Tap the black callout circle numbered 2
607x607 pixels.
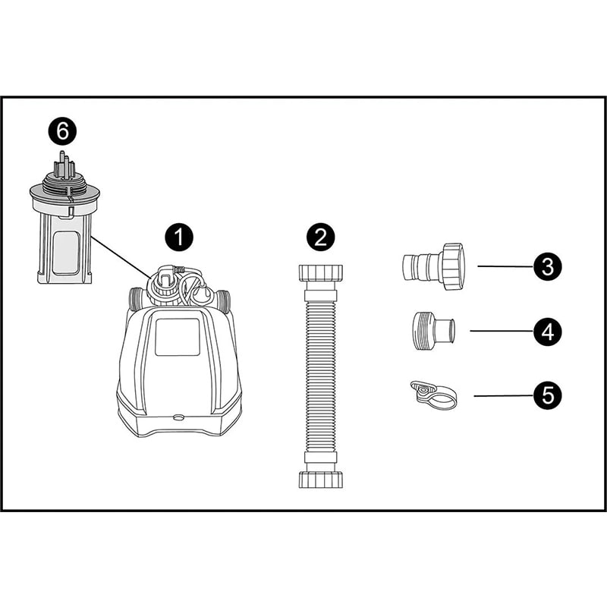tap(320, 237)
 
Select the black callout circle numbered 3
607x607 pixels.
tap(547, 266)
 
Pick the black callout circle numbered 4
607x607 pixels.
tap(547, 332)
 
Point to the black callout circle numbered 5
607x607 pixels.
tap(547, 395)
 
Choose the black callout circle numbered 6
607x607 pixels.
tap(62, 131)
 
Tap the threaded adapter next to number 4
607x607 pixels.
tap(432, 331)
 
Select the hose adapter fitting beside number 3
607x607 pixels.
tap(432, 267)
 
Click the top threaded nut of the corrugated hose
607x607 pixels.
tap(320, 273)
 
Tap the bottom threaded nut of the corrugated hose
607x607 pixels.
tap(320, 480)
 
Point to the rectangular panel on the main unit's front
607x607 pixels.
tap(178, 337)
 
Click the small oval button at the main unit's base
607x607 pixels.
tap(179, 417)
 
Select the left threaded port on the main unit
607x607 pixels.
tap(136, 300)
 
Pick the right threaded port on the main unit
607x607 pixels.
tap(223, 300)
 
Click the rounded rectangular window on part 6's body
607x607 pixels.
tap(66, 253)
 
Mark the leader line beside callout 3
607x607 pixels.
tap(505, 266)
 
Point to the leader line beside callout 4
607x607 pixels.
tap(502, 331)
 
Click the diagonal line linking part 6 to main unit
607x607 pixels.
tap(121, 257)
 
